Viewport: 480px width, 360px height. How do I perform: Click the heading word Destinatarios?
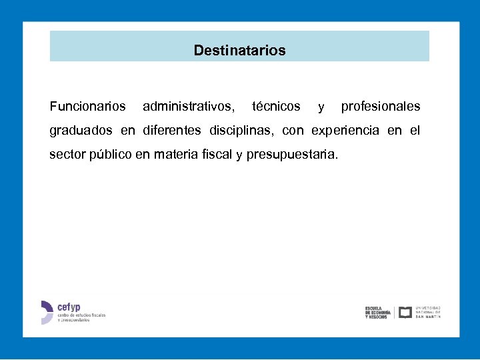239,50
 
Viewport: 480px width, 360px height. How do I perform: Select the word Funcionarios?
87,106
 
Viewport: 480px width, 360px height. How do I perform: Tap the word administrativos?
188,106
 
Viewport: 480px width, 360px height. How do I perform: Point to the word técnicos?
276,106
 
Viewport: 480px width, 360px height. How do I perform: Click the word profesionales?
381,106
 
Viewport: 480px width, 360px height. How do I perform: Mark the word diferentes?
171,130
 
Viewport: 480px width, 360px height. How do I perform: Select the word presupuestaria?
292,155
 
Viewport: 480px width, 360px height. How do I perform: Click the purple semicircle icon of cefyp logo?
47,312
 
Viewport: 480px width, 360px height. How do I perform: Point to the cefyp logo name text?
69,307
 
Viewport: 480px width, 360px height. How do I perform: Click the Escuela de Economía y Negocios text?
377,312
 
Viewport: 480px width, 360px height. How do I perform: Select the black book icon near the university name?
405,312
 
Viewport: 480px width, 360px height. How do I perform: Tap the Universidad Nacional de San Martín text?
428,312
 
